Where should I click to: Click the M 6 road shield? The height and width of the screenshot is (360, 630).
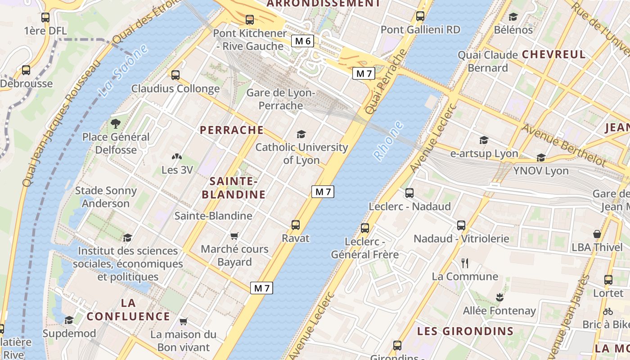(x=302, y=41)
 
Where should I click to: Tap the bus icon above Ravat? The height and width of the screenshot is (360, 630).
(x=296, y=225)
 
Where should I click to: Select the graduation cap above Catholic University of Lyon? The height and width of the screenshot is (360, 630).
(x=301, y=134)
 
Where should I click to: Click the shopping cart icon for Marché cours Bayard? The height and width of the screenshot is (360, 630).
(x=234, y=236)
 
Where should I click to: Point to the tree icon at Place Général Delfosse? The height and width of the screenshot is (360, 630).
(x=116, y=123)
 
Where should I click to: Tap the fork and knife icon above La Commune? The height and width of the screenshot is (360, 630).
(x=465, y=263)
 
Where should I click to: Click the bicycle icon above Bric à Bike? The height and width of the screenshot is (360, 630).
(x=608, y=311)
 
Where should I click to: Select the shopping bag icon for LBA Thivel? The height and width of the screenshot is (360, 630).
(x=597, y=234)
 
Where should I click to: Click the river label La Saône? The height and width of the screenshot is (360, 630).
(x=123, y=71)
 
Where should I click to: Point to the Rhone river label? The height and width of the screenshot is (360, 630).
(x=389, y=140)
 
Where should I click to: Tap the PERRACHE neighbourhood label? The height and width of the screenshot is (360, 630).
(x=232, y=130)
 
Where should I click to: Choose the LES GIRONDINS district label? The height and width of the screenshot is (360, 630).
(x=465, y=331)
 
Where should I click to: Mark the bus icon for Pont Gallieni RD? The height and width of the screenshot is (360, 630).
(x=420, y=17)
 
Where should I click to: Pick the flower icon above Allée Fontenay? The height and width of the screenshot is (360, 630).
(x=499, y=297)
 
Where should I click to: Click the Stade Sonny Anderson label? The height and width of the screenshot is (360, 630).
(x=106, y=197)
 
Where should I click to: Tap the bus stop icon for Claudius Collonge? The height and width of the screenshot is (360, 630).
(x=175, y=75)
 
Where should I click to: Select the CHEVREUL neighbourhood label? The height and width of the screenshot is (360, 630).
(x=553, y=54)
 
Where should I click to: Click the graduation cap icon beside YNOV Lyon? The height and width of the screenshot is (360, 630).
(x=541, y=158)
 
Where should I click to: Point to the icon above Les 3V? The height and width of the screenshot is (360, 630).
(x=177, y=157)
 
